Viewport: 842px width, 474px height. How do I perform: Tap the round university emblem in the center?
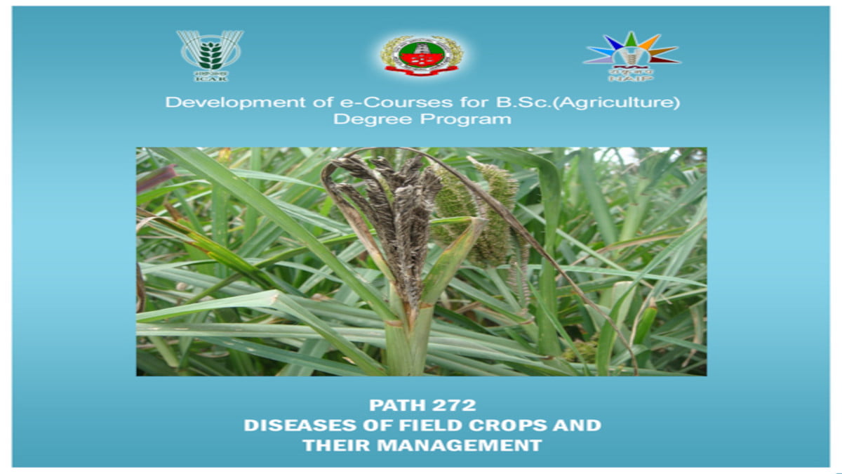point(421,55)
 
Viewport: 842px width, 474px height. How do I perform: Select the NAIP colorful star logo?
point(631,51)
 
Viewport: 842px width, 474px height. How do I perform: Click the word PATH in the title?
point(394,405)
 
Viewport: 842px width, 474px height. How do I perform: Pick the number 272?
point(454,405)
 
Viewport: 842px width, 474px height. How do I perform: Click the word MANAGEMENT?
point(456,445)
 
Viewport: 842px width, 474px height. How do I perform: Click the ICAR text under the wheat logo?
point(209,78)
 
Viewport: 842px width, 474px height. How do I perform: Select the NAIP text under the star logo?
point(631,79)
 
